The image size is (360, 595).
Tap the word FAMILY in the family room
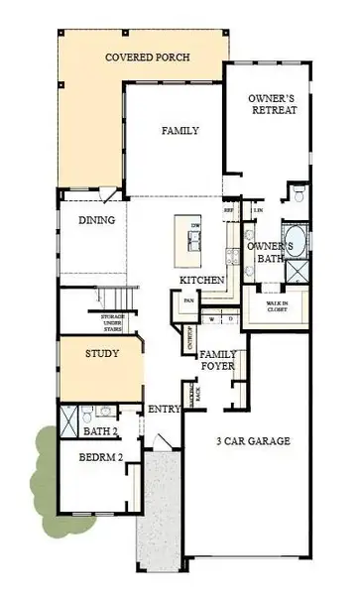coord(180,130)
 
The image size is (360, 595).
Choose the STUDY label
coord(102,353)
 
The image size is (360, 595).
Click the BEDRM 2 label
coord(102,457)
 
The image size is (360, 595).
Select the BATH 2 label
coord(102,431)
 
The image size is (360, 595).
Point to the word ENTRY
coord(164,409)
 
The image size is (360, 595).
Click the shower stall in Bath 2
coord(68,420)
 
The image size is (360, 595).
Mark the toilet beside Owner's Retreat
coord(298,190)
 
